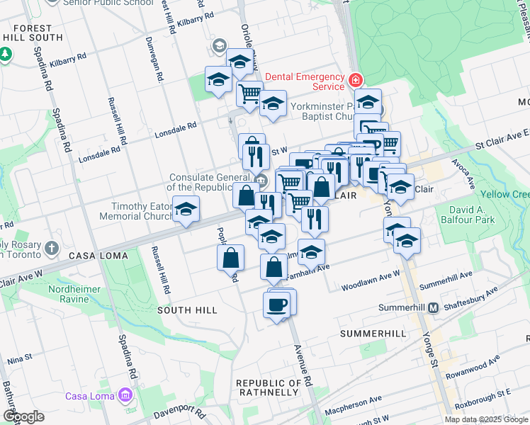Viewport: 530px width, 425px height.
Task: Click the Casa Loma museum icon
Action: [125, 395]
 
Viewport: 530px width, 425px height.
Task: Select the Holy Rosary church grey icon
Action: [51, 248]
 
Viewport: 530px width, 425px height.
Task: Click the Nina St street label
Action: [19, 360]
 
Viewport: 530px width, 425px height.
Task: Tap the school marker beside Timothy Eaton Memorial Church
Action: [186, 210]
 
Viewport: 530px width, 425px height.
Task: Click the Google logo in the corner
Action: [23, 416]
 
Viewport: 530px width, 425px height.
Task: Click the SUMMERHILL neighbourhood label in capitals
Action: [373, 333]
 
